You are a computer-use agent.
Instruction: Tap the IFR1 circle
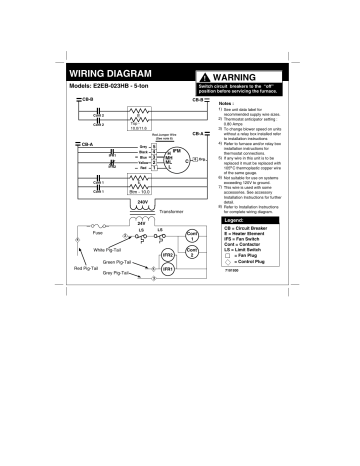click(168, 270)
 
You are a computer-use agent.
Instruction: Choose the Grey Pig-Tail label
click(119, 272)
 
